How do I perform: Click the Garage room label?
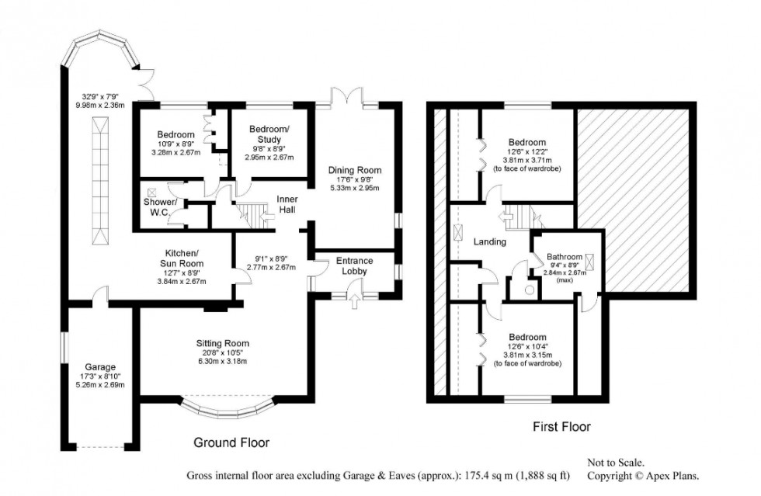pos(101,366)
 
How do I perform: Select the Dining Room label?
pos(355,170)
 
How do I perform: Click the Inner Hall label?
pos(288,204)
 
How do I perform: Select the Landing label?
pos(490,241)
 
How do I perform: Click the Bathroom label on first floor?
pos(565,256)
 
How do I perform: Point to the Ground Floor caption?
pos(231,443)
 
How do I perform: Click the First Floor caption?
pos(561,426)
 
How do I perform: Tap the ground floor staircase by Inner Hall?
pos(250,212)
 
